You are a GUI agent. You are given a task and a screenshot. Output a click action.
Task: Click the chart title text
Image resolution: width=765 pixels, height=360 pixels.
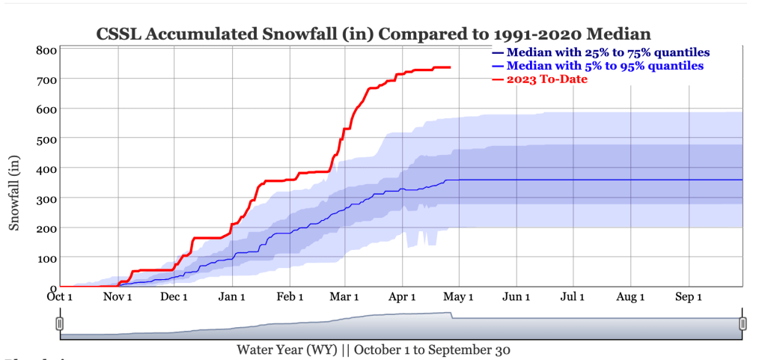[374, 34]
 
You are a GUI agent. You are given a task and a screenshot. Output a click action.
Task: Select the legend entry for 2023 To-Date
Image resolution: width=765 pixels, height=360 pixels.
[546, 79]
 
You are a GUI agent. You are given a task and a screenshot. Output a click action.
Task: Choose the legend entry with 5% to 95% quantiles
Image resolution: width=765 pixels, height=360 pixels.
[605, 66]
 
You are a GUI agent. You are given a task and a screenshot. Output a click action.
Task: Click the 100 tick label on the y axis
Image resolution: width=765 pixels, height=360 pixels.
[46, 257]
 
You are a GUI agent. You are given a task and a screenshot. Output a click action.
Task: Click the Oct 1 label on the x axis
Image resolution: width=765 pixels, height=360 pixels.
[60, 297]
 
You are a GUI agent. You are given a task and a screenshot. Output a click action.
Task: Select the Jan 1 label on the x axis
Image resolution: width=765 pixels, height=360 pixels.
[232, 297]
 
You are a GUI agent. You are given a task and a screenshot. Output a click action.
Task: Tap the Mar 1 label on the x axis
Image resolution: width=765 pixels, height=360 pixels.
[345, 297]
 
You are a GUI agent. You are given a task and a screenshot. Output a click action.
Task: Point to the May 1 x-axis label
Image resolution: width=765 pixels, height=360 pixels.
[460, 297]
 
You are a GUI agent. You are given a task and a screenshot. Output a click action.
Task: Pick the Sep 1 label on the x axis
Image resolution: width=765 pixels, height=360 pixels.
[689, 297]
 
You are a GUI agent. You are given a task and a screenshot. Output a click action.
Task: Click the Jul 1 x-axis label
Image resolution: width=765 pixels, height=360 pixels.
[573, 297]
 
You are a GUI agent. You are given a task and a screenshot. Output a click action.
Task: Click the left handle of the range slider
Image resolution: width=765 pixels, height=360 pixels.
[60, 323]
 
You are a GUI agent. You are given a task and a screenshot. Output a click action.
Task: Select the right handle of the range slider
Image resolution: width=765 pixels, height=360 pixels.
[743, 323]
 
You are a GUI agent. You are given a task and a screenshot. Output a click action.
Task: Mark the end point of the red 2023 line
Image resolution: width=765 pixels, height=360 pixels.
[450, 67]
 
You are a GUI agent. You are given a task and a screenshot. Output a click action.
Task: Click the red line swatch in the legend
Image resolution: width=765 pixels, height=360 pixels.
[498, 79]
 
